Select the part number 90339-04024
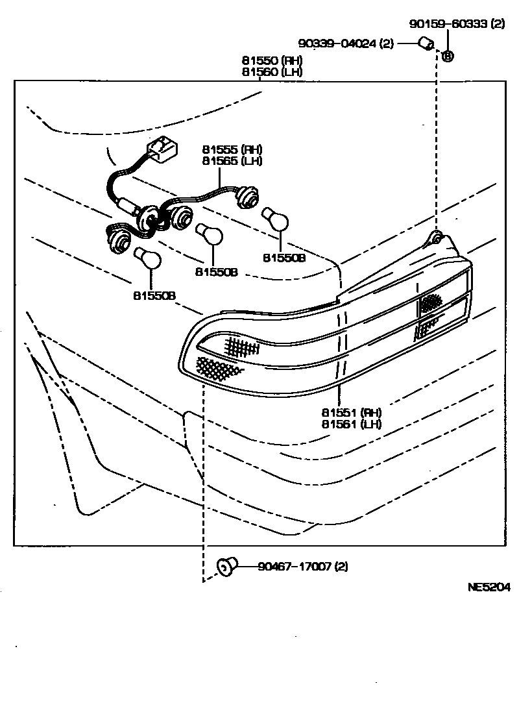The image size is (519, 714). (x=346, y=43)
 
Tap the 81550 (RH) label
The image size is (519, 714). (x=272, y=61)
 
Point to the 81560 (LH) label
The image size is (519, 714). (x=272, y=72)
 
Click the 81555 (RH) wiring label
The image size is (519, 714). (x=232, y=149)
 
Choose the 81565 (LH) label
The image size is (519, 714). (x=232, y=161)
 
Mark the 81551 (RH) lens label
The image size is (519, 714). (x=351, y=412)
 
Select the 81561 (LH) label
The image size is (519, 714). (x=351, y=424)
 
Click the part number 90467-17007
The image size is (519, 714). (x=302, y=566)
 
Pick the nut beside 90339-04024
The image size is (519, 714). (x=426, y=44)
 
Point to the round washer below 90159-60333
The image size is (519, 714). (x=448, y=56)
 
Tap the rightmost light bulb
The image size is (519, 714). (x=275, y=219)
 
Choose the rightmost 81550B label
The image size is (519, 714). (x=284, y=258)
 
